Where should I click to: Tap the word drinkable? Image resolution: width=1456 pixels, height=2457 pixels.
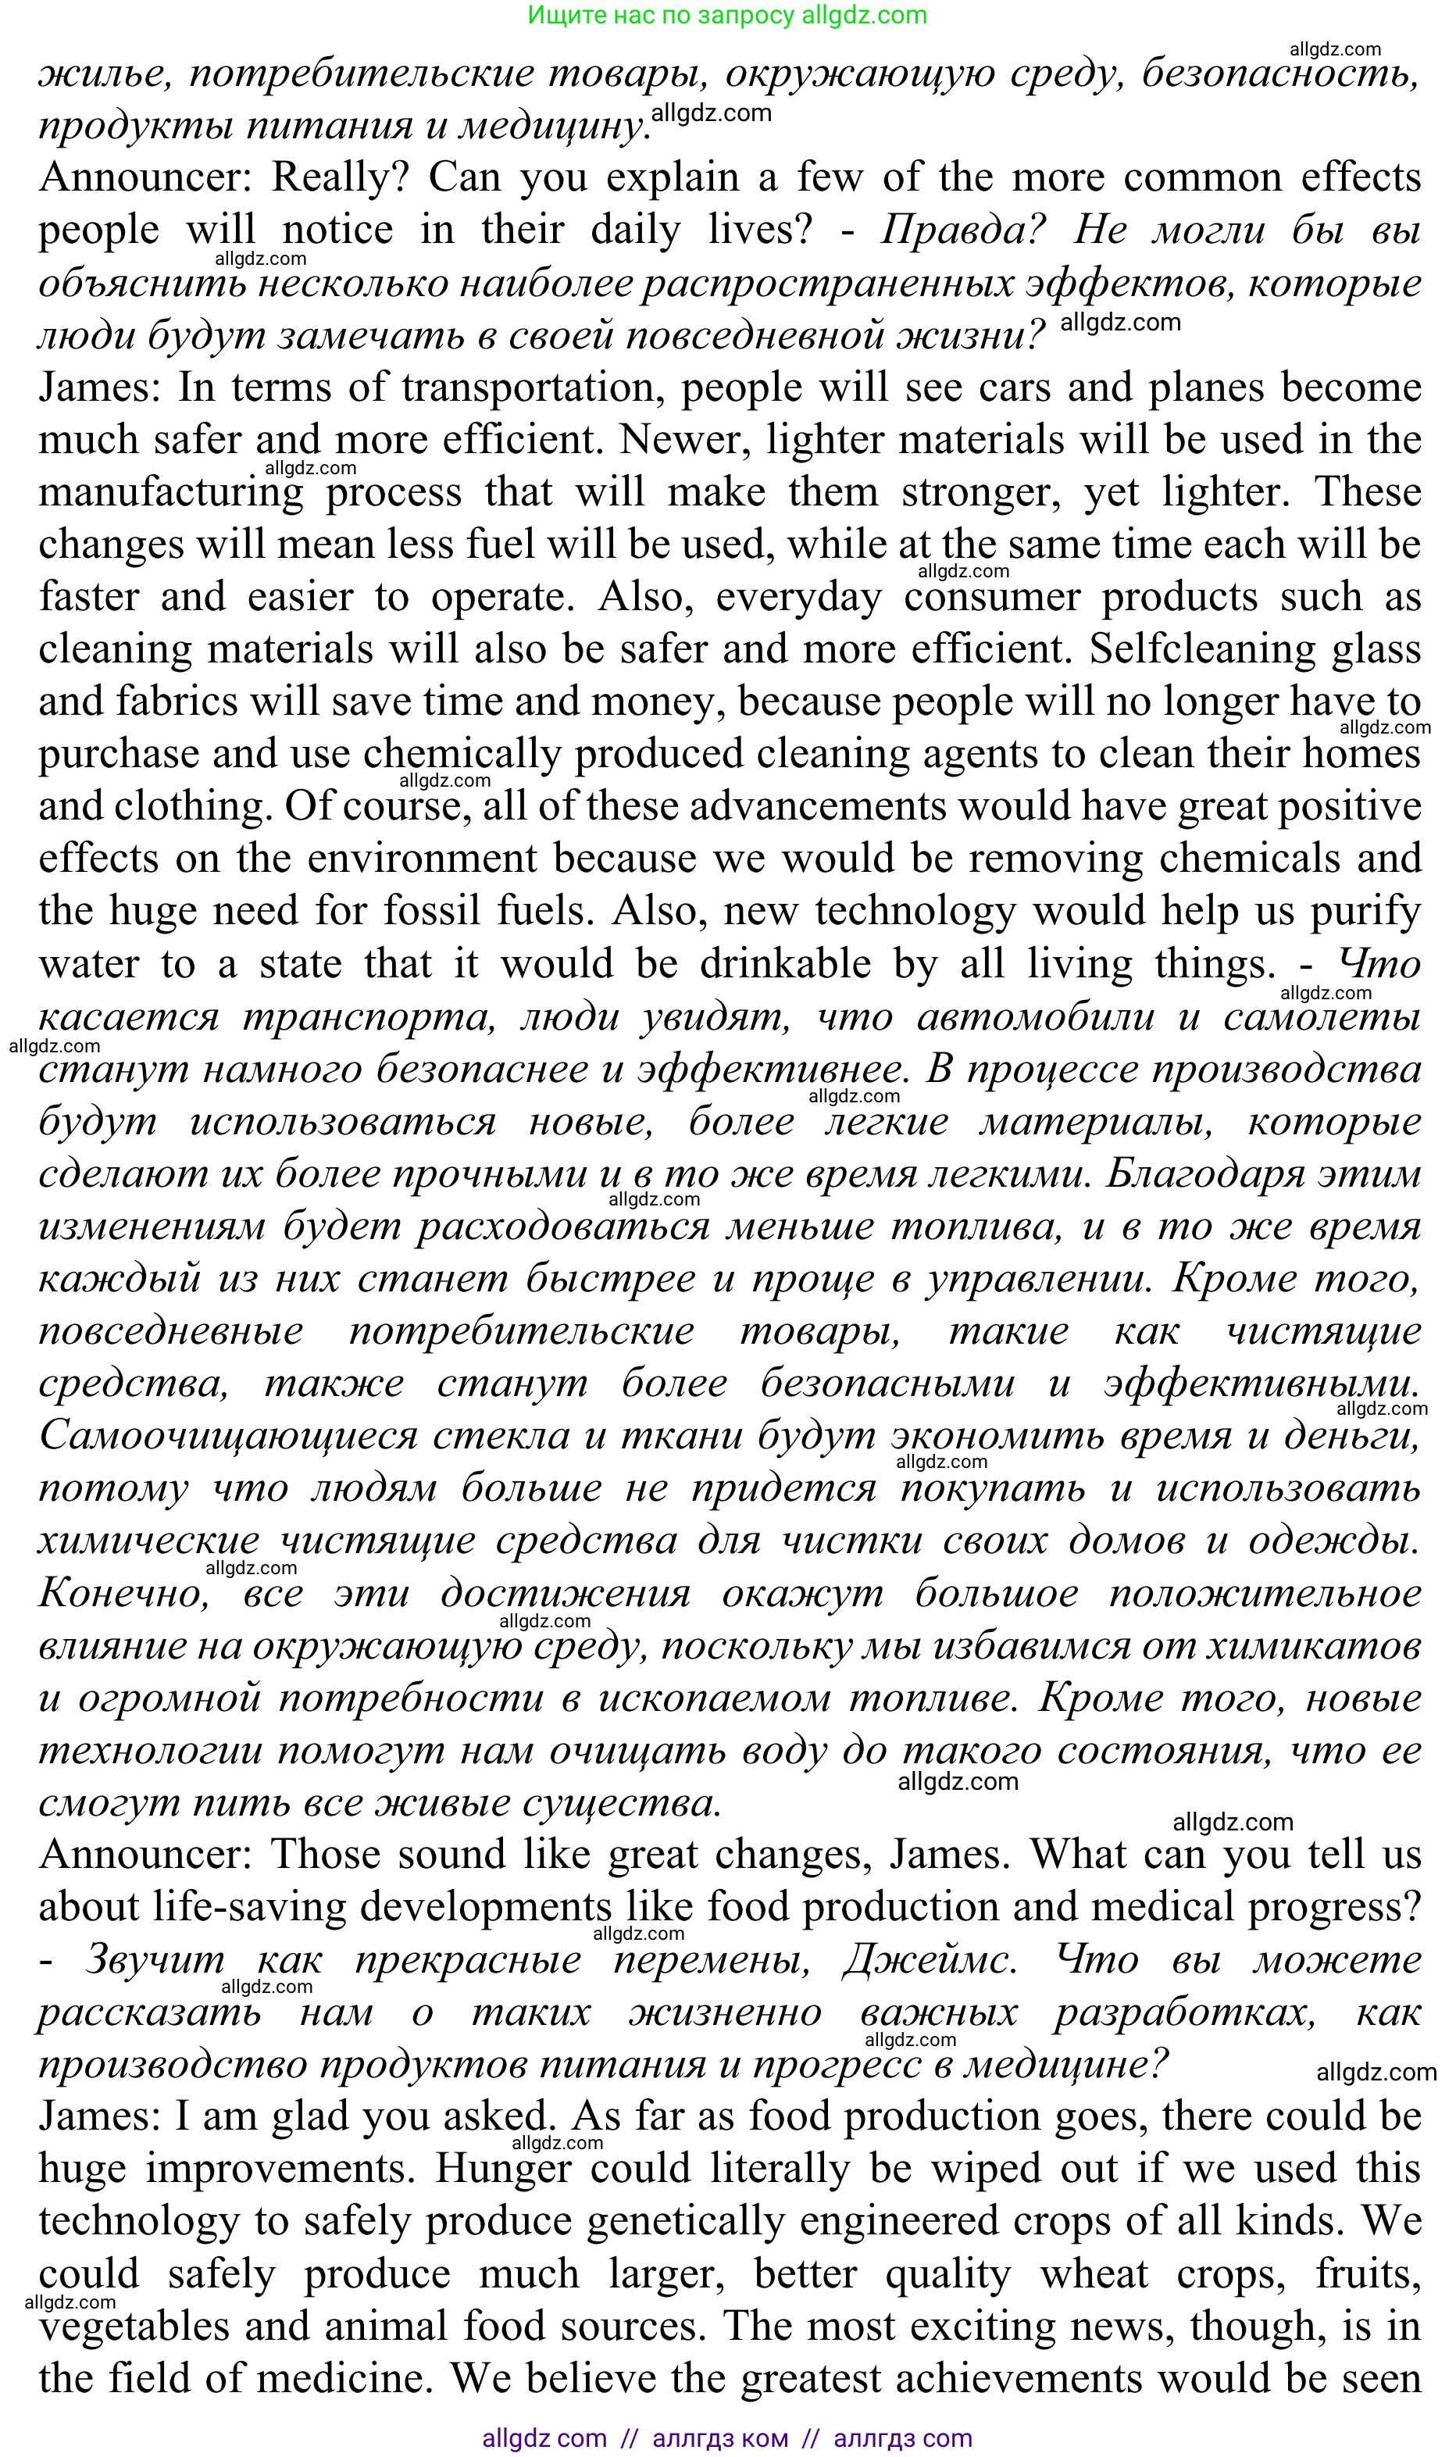785,963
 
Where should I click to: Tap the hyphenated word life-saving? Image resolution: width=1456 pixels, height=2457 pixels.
249,1906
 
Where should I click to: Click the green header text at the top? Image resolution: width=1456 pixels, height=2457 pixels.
727,15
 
